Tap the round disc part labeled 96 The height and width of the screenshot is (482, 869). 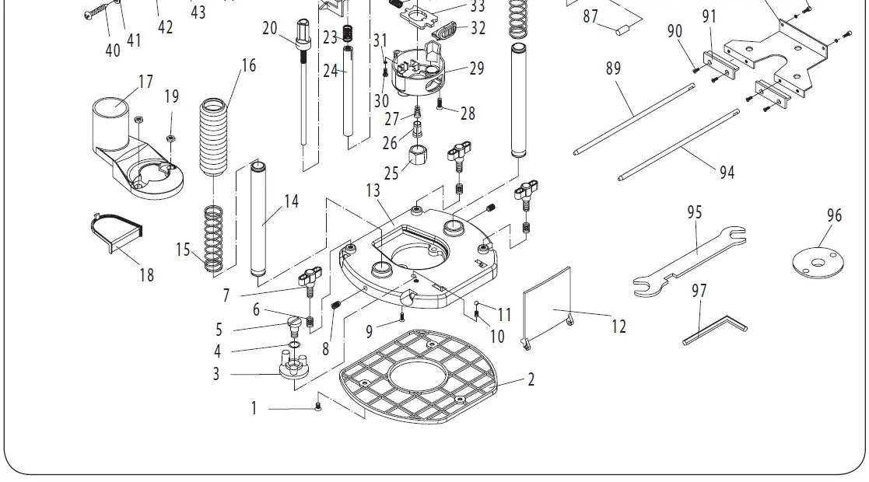click(818, 260)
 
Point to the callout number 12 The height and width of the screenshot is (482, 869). click(618, 327)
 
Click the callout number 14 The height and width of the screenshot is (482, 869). click(291, 201)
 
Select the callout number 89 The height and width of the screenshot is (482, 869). click(614, 68)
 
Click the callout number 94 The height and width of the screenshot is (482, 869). click(727, 173)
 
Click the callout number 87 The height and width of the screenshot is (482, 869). click(590, 16)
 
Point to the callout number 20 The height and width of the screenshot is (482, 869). click(270, 29)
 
